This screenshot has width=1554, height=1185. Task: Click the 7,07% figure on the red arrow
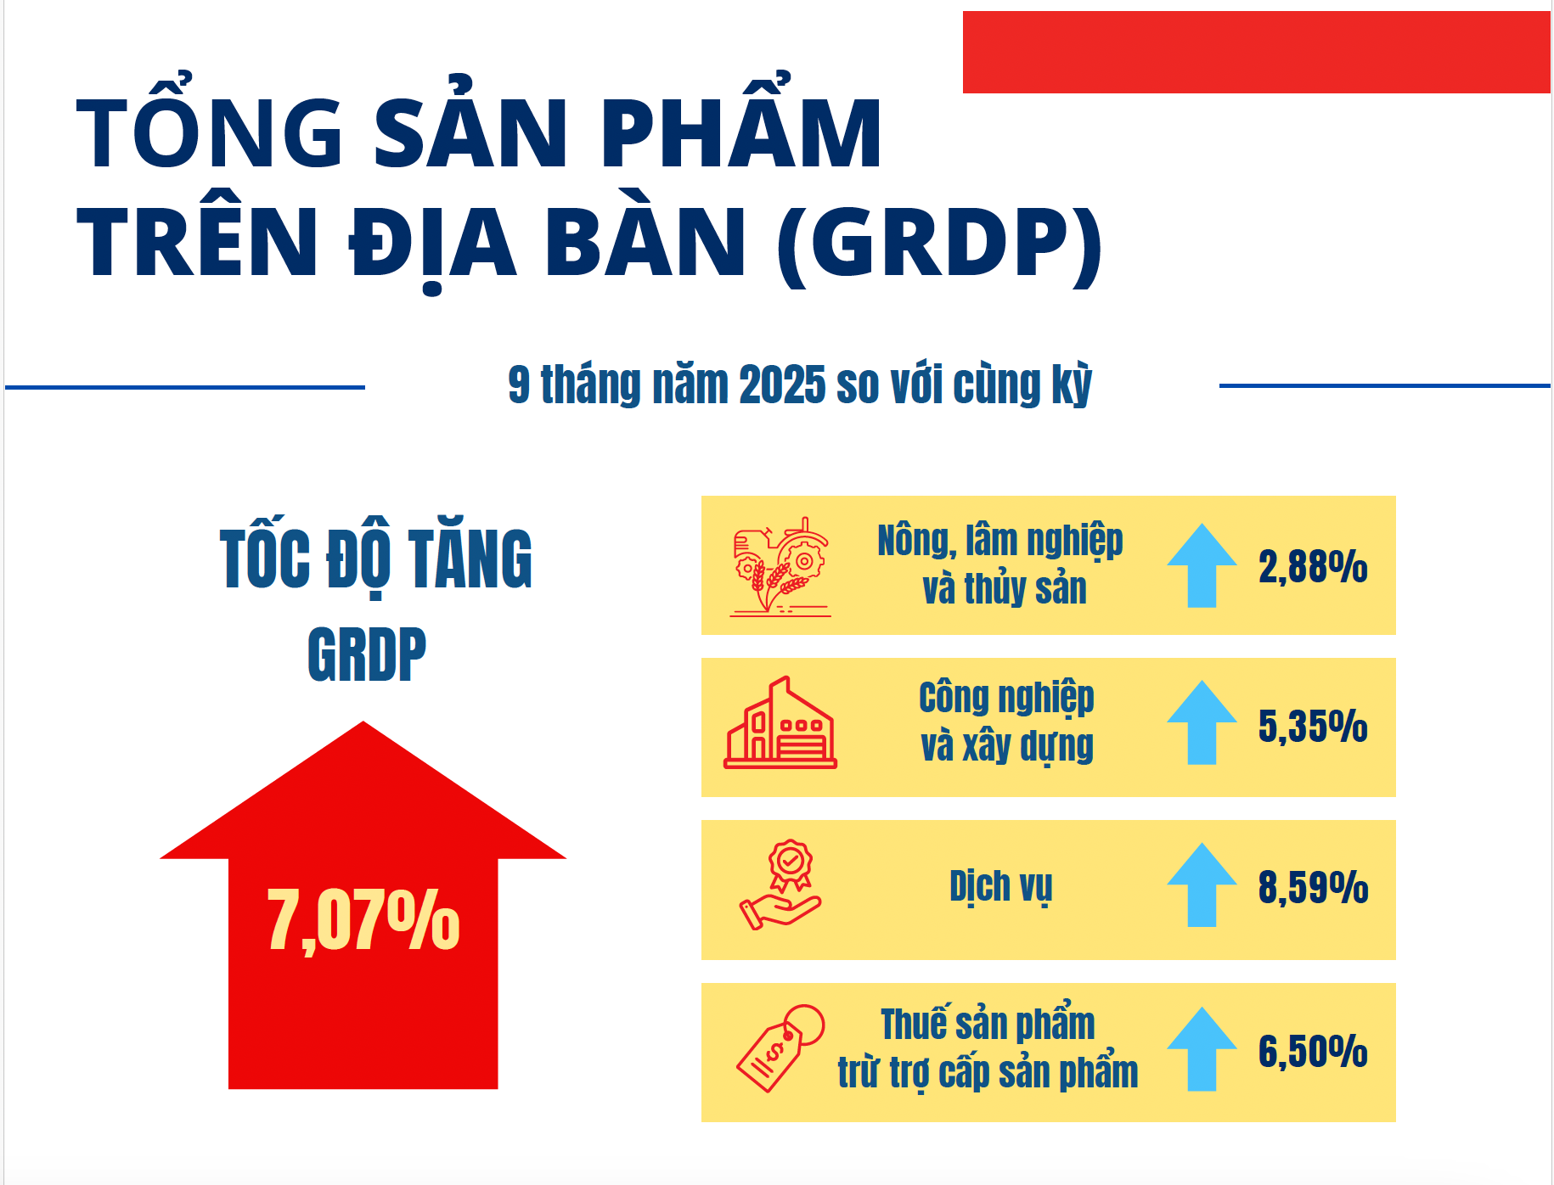click(363, 920)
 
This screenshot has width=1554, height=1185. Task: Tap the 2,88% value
click(1312, 566)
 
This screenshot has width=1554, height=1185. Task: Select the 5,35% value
click(1312, 727)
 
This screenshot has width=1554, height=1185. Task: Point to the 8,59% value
click(1312, 888)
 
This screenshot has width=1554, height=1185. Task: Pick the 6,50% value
click(1312, 1051)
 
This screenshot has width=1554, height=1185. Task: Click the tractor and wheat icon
click(780, 565)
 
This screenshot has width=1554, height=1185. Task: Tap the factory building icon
click(780, 724)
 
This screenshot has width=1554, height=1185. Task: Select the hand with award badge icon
click(780, 885)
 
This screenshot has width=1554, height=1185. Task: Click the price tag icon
click(780, 1048)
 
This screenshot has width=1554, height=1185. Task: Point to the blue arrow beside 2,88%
click(1202, 565)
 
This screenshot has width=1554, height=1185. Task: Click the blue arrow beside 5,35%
click(1202, 722)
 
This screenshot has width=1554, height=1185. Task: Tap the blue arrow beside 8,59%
click(1202, 885)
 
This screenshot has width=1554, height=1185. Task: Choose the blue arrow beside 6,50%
click(1202, 1048)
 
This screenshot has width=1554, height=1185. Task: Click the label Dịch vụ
click(1000, 887)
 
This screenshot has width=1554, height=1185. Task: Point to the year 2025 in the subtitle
click(781, 385)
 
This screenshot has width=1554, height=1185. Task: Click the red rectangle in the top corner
click(1256, 52)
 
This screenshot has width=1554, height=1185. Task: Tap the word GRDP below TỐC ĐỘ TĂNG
click(367, 654)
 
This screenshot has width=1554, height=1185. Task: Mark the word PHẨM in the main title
click(741, 133)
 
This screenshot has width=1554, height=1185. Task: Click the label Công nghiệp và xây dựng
click(1006, 722)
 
